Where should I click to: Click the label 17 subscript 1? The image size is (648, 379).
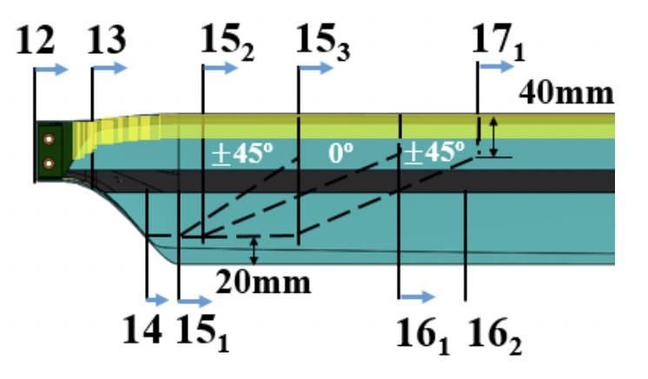495,40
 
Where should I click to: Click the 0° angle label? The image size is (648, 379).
341,153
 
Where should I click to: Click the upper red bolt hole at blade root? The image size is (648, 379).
50,139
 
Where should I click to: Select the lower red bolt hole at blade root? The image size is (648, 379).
50,163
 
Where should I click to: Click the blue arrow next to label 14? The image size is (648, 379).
158,300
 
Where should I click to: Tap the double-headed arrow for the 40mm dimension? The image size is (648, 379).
494,136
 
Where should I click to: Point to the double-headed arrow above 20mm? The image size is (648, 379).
254,250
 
